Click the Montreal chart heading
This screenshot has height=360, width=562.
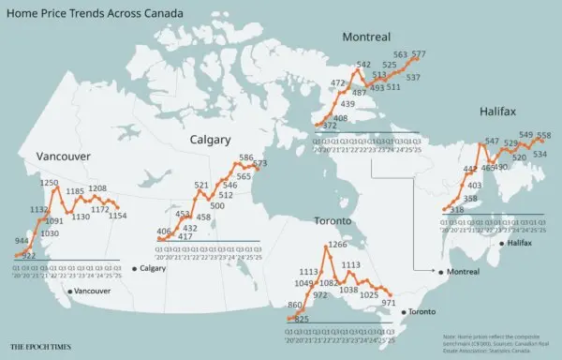pos(366,37)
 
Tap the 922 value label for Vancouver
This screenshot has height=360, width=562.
pos(28,255)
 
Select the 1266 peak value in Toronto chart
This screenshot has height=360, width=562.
pos(336,245)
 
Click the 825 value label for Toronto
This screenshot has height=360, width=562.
pos(302,320)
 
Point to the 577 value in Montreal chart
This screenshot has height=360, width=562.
pos(419,53)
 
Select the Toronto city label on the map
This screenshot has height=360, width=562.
pos(423,310)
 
